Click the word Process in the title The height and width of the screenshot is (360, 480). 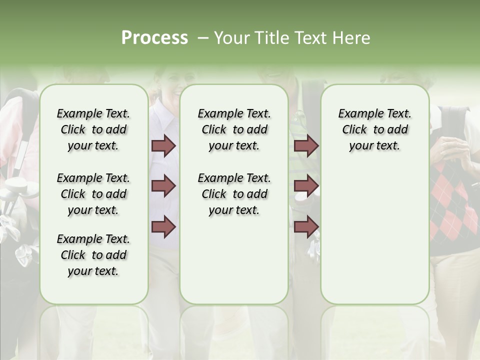154,38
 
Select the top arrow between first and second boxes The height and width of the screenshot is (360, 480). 163,145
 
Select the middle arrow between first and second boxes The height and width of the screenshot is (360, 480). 163,186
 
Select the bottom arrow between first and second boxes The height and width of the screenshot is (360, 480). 163,226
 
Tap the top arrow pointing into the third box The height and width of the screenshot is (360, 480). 306,145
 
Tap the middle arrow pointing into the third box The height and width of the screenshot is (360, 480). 306,186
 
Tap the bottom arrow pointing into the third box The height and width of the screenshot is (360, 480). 306,226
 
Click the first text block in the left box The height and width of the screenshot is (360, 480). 93,129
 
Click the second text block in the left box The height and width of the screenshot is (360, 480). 93,194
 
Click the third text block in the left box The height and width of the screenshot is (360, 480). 93,255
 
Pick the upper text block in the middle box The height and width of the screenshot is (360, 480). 234,129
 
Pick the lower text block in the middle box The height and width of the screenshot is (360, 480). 234,194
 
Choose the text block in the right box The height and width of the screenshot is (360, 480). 374,129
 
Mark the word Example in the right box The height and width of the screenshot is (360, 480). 355,114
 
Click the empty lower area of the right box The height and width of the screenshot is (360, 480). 374,235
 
